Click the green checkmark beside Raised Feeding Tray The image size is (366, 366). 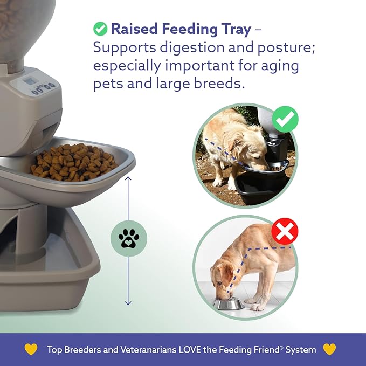100,28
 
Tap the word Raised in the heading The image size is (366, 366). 135,29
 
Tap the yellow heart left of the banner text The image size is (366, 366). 31,349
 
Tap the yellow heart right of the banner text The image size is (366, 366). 329,349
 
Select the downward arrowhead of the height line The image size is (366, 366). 128,303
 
